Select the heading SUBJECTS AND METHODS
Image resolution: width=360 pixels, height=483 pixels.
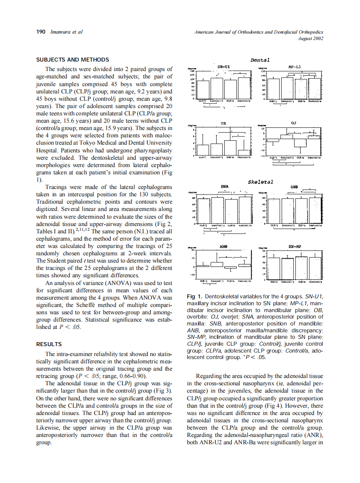point(72,60)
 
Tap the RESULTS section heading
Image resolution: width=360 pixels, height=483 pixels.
point(49,344)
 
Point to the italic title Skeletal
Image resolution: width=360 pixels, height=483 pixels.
point(261,182)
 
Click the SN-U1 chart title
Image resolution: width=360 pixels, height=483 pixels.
point(223,67)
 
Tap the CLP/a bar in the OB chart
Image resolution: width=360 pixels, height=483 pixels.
point(231,147)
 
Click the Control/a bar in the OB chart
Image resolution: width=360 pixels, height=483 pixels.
point(244,152)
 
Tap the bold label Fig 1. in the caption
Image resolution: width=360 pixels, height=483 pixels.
point(196,297)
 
